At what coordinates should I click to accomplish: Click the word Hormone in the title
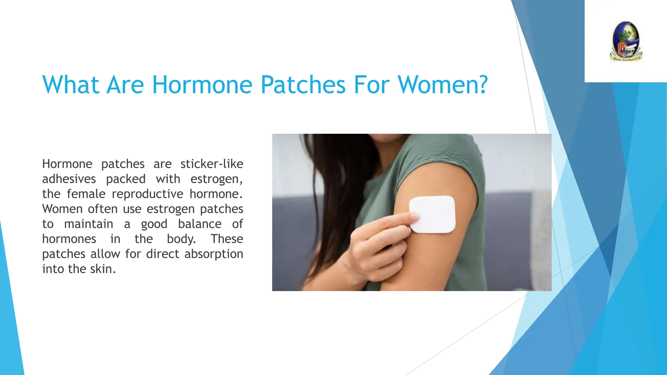pyautogui.click(x=202, y=85)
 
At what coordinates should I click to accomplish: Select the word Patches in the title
pyautogui.click(x=303, y=85)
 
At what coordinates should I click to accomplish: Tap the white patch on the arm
pyautogui.click(x=433, y=214)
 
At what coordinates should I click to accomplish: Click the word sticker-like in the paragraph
pyautogui.click(x=212, y=164)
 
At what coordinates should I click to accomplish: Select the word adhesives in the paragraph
pyautogui.click(x=69, y=179)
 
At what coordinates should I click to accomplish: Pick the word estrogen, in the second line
pyautogui.click(x=216, y=179)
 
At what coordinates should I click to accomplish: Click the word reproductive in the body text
pyautogui.click(x=147, y=194)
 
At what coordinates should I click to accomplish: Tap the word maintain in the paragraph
pyautogui.click(x=89, y=224)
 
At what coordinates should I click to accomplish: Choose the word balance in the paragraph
pyautogui.click(x=200, y=224)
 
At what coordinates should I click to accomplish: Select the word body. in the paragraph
pyautogui.click(x=181, y=239)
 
